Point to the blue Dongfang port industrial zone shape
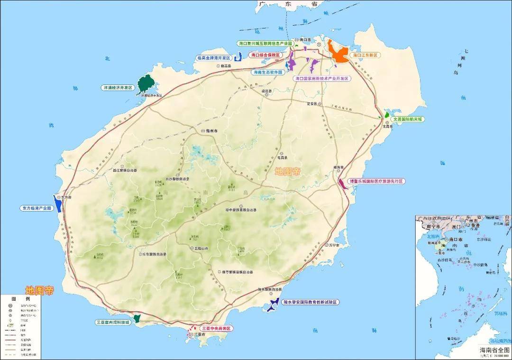click(x=57, y=204)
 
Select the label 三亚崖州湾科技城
click(x=113, y=322)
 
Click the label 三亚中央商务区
click(x=217, y=328)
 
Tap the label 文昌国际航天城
click(x=407, y=119)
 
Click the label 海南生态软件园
click(x=268, y=72)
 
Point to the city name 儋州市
click(x=211, y=130)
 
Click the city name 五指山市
click(x=201, y=248)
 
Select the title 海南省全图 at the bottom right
click(x=494, y=350)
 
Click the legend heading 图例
click(x=20, y=299)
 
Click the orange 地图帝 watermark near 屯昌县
click(x=288, y=172)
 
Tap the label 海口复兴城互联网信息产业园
click(x=265, y=43)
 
